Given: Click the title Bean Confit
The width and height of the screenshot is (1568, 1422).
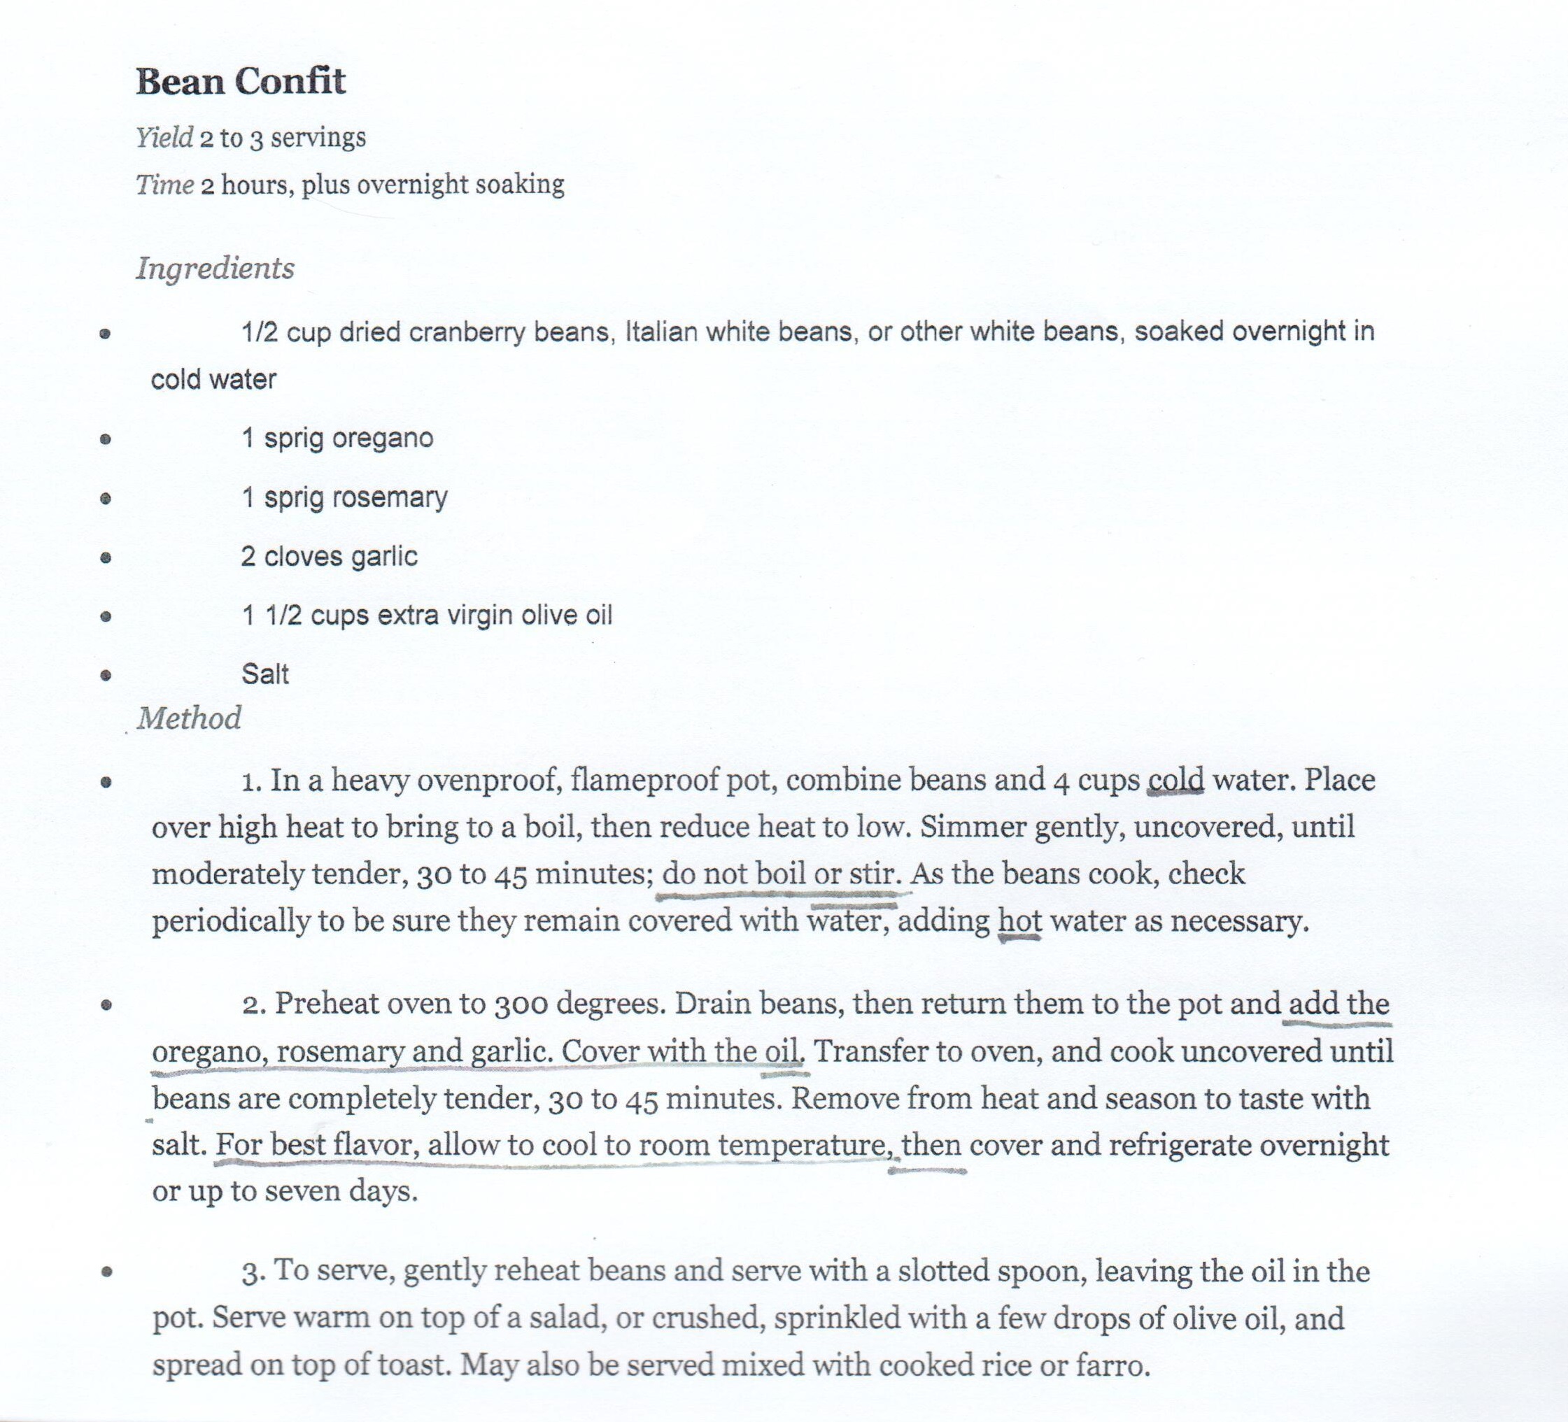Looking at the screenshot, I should tap(240, 82).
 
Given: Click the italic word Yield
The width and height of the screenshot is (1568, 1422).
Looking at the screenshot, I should tap(164, 138).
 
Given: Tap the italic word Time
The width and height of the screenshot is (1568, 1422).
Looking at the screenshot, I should tap(165, 185).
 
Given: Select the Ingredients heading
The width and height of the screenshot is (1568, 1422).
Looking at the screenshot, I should tap(216, 268).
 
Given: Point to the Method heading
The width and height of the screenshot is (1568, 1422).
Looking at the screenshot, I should tap(189, 718).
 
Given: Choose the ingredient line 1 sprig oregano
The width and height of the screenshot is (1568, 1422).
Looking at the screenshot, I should tap(337, 439).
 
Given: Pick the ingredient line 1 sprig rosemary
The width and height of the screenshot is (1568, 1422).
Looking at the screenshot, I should tap(344, 497).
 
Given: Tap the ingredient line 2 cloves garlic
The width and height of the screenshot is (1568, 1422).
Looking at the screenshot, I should tap(329, 557).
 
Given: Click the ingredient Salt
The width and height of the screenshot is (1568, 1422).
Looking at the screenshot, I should tap(265, 674).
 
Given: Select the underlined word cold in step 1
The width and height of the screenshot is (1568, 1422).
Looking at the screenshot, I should tap(1175, 780).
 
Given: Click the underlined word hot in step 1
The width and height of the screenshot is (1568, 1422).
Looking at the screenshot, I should tap(1019, 921).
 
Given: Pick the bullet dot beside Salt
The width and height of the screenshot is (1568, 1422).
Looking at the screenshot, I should tap(106, 675).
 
